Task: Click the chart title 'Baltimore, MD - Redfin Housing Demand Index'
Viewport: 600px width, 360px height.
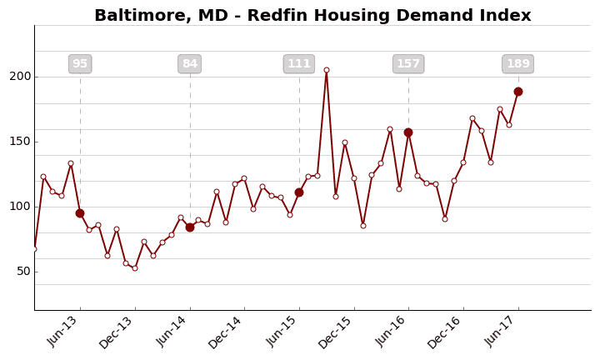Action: pos(312,16)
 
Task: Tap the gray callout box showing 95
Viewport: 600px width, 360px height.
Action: pos(80,64)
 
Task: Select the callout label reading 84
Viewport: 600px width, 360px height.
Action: pos(190,64)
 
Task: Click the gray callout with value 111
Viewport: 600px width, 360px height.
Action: pos(299,64)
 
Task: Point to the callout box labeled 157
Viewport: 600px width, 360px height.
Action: pos(408,64)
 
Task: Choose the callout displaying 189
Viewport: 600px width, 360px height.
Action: pos(518,64)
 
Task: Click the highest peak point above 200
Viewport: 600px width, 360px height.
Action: pos(327,70)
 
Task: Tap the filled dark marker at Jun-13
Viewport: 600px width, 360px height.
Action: pos(80,213)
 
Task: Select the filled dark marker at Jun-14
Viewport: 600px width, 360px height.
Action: pos(190,227)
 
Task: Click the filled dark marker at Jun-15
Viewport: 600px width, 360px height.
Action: pos(299,192)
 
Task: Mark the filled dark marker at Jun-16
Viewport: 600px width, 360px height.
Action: pos(408,132)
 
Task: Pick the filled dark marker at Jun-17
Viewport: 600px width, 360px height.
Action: pos(518,92)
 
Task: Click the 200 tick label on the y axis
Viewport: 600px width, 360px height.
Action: pos(19,77)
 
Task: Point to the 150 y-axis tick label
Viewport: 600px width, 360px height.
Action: pos(19,142)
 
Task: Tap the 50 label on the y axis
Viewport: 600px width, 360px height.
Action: pos(22,272)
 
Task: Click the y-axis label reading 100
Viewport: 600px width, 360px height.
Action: pos(19,207)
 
